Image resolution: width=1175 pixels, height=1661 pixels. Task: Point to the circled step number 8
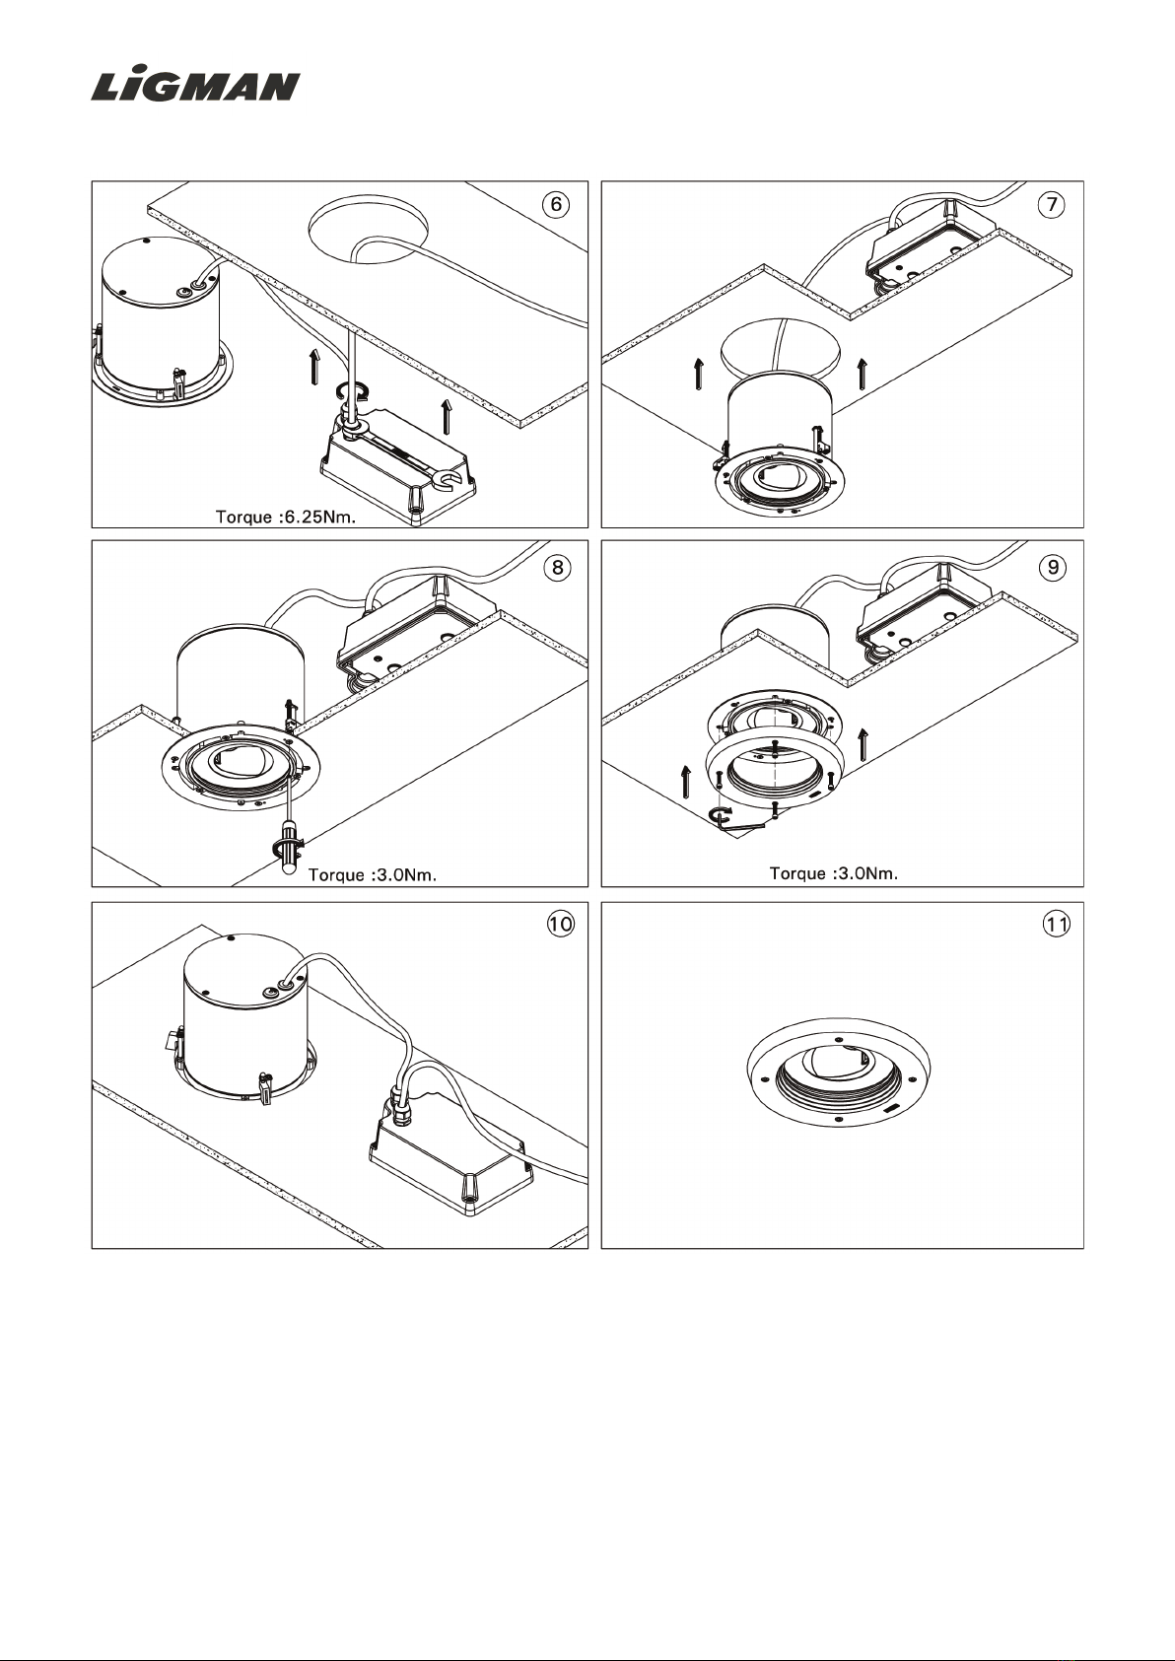pyautogui.click(x=557, y=567)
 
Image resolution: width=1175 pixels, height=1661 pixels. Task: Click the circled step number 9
pyautogui.click(x=1054, y=567)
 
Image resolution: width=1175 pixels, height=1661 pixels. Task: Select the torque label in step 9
pyautogui.click(x=833, y=872)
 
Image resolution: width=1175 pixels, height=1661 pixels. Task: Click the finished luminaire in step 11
pyautogui.click(x=838, y=1080)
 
